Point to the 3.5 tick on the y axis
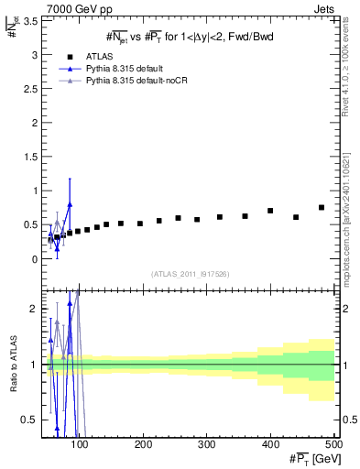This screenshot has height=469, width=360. pos(33,20)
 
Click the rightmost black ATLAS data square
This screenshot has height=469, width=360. pos(322,208)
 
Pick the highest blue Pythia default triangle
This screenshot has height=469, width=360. pos(70,204)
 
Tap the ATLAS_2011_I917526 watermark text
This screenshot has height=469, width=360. pos(189,274)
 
